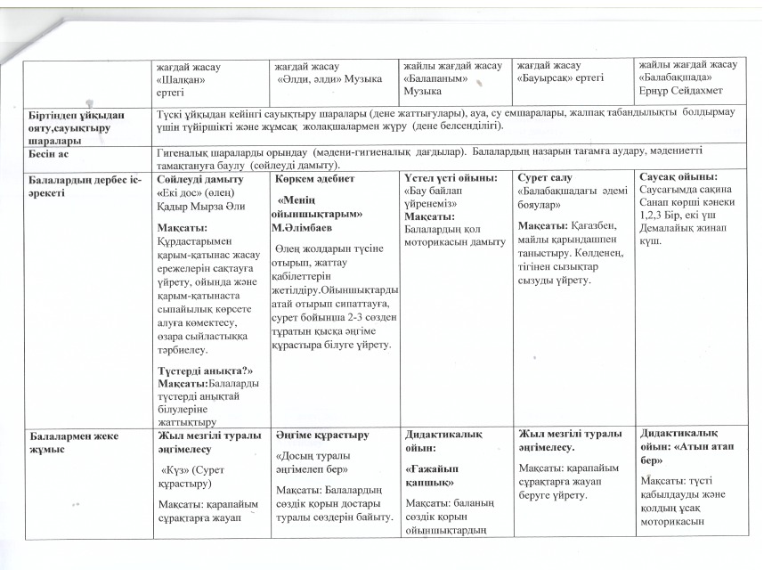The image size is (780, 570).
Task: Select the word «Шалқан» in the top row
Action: point(182,78)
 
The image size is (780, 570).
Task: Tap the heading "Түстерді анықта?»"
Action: point(205,370)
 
